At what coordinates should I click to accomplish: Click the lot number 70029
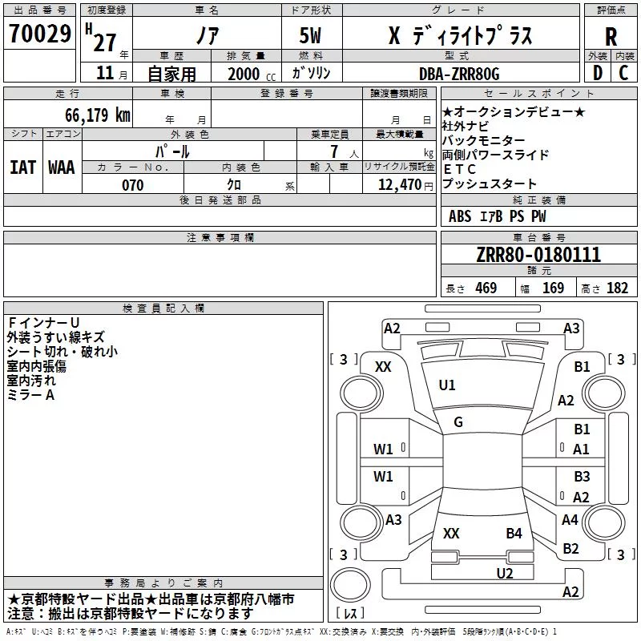coord(39,33)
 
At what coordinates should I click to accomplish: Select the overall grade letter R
coord(611,37)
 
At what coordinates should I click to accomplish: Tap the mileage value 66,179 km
coord(98,115)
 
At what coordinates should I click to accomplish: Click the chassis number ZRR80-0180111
coord(538,254)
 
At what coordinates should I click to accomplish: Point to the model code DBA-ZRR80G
coord(459,74)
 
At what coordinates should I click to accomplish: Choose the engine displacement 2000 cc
coord(252,74)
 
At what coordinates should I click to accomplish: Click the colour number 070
coord(133,185)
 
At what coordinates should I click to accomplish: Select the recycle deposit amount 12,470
coord(399,185)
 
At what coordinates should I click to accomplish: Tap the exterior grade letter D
coord(598,73)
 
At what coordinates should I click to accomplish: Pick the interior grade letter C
coord(623,73)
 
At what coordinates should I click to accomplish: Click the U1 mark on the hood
coord(447,385)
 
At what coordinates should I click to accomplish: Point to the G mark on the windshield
coord(458,422)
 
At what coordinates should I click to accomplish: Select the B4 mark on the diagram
coord(514,534)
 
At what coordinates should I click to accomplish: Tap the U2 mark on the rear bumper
coord(505,574)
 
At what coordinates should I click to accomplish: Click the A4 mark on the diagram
coord(570,519)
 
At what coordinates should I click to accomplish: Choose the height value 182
coord(617,288)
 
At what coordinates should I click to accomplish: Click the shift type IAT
coord(23,167)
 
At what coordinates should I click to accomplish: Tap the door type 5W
coord(310,35)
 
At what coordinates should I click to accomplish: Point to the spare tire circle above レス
coord(350,585)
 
